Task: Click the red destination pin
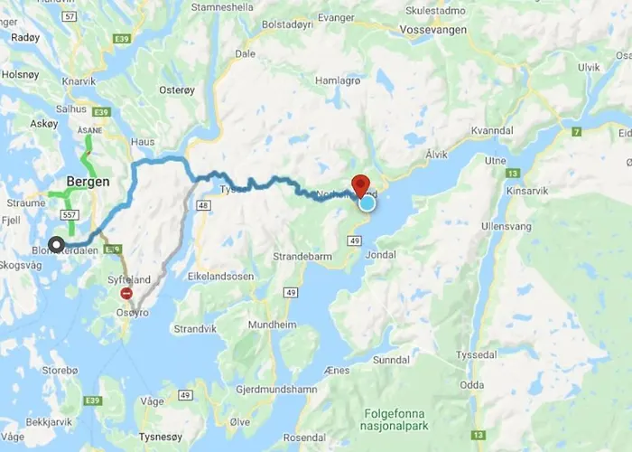pyautogui.click(x=360, y=184)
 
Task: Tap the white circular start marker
pyautogui.click(x=56, y=244)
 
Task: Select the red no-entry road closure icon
pyautogui.click(x=126, y=293)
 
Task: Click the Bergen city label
pyautogui.click(x=88, y=181)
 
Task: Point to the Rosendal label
pyautogui.click(x=306, y=438)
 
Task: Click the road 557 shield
pyautogui.click(x=69, y=215)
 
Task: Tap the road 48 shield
pyautogui.click(x=203, y=206)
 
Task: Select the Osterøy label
pyautogui.click(x=176, y=89)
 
